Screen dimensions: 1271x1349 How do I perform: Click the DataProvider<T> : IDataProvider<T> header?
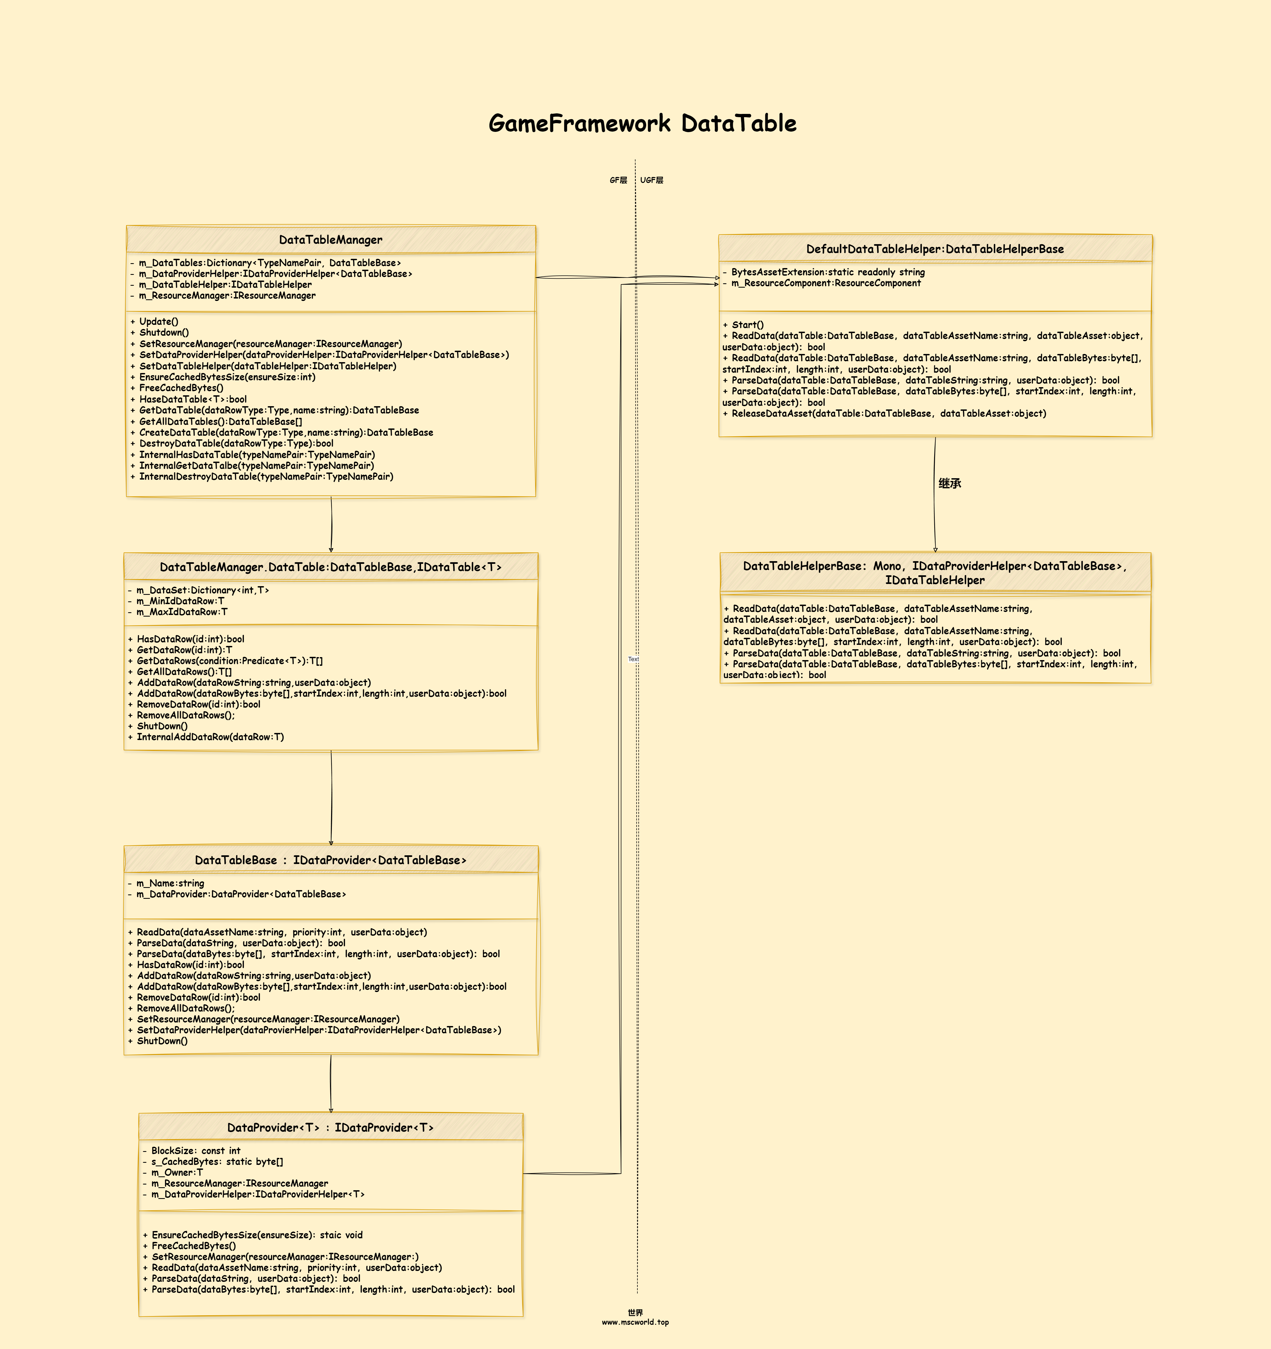click(331, 1127)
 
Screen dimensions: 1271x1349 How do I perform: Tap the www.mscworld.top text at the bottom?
click(635, 1322)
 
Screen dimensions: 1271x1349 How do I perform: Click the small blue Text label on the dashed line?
click(633, 659)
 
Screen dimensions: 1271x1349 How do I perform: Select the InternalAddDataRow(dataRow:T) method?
click(205, 737)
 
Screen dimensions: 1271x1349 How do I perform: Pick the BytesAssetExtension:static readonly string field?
click(824, 272)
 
